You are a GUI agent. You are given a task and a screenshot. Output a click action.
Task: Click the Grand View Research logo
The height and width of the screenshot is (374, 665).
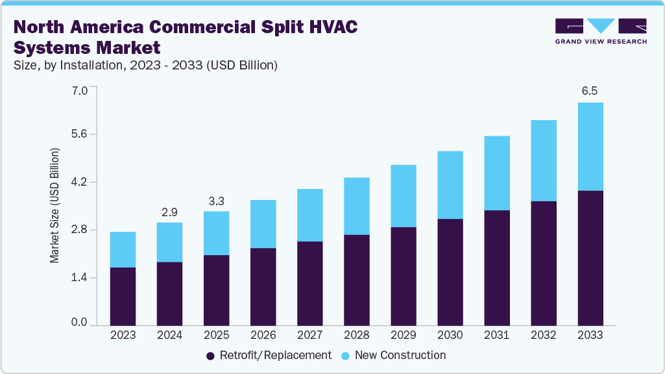[601, 31]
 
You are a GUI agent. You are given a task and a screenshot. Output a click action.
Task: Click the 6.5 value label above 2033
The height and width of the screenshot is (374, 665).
[589, 92]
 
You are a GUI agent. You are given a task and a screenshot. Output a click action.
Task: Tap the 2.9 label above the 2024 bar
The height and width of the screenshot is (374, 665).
[169, 212]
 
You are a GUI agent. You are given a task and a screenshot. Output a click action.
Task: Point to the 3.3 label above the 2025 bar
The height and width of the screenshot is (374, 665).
[216, 201]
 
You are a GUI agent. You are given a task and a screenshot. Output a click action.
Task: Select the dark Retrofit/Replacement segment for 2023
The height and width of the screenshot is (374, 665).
[123, 296]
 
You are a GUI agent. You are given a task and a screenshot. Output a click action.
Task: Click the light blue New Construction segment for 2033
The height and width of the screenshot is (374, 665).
[590, 147]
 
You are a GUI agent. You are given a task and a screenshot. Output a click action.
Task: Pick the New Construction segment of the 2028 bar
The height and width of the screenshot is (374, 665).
[356, 206]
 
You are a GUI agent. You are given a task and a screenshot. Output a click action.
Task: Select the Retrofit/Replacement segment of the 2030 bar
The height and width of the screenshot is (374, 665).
[450, 272]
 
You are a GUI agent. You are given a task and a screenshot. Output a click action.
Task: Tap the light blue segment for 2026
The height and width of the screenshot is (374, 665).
[263, 224]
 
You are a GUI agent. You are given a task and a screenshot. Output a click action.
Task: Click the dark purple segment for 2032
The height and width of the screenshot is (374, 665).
[543, 263]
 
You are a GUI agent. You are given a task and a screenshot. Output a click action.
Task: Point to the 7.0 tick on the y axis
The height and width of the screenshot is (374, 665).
[79, 90]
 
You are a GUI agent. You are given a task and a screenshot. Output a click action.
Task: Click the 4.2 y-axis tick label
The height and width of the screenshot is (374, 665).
[79, 182]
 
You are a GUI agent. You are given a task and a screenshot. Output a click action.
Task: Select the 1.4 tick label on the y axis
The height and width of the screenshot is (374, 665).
[79, 278]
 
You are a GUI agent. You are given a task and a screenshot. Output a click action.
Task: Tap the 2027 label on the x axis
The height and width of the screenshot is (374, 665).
[309, 336]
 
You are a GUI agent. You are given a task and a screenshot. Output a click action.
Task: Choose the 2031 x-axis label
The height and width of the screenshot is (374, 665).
[496, 336]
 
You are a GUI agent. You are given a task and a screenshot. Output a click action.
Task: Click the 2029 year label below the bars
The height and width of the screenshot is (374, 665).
[403, 336]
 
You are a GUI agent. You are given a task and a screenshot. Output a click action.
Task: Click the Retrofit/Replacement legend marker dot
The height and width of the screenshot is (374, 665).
[210, 356]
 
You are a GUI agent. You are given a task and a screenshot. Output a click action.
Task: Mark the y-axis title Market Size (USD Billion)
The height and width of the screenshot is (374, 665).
[55, 205]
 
